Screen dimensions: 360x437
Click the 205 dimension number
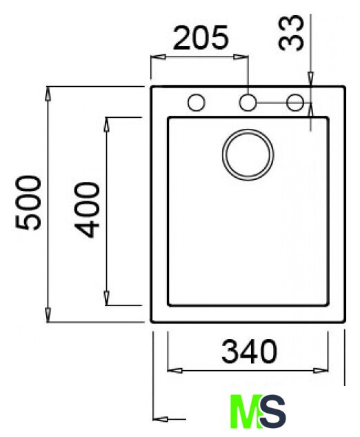(201, 38)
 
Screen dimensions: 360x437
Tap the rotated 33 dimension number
(291, 33)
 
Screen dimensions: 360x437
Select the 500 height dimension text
(28, 203)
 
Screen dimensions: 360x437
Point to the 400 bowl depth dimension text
(87, 210)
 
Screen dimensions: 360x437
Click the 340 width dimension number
(249, 351)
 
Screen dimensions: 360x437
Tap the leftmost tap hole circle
(197, 94)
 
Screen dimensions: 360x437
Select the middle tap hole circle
(248, 94)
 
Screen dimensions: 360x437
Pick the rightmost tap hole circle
(295, 94)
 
